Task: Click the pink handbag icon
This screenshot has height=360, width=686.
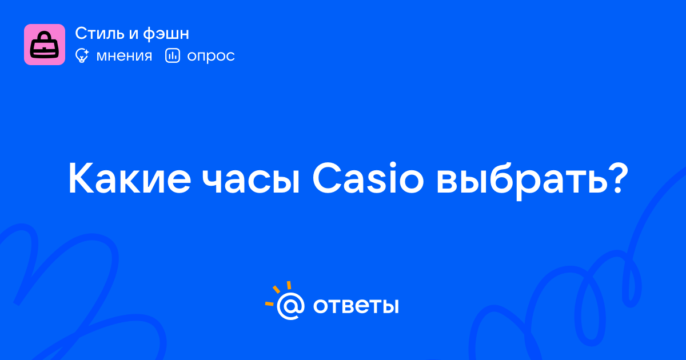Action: click(x=45, y=45)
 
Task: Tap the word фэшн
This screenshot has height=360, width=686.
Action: click(x=166, y=34)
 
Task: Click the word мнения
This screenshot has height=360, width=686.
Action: click(x=124, y=56)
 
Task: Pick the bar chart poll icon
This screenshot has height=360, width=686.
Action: click(x=173, y=56)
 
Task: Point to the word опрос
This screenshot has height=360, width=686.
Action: click(x=211, y=57)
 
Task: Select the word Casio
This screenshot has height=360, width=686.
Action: click(x=368, y=178)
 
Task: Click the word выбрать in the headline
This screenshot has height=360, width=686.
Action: click(x=521, y=181)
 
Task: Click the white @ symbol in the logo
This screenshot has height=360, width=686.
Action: click(x=290, y=306)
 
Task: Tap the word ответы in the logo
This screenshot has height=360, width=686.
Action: click(x=356, y=306)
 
